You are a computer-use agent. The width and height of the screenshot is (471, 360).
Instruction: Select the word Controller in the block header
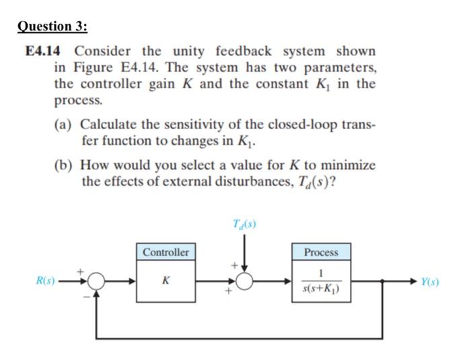click(x=166, y=252)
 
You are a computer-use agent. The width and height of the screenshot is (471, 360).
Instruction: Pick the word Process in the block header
click(x=321, y=252)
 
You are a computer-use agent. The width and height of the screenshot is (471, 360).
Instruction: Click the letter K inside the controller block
click(x=165, y=281)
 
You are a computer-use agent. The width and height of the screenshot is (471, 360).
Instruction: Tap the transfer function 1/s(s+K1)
click(x=321, y=282)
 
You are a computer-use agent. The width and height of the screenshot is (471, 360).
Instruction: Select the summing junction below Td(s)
click(x=243, y=281)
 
